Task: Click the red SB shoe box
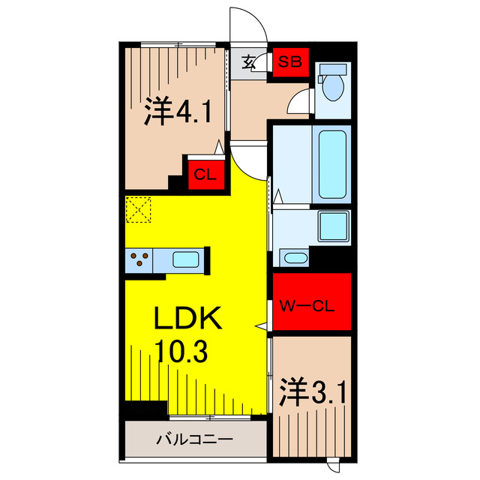click(x=289, y=61)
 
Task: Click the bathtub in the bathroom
click(x=331, y=163)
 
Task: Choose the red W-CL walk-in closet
click(x=311, y=303)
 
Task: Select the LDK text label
click(x=188, y=319)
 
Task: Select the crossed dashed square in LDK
click(x=139, y=209)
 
